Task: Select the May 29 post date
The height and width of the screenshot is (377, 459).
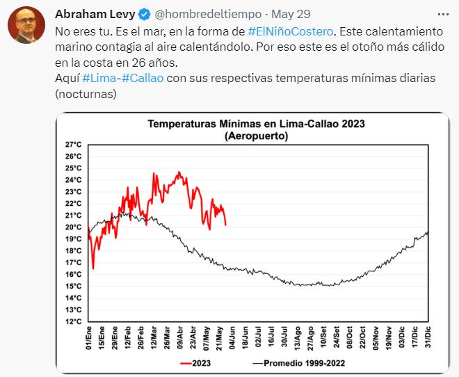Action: point(291,13)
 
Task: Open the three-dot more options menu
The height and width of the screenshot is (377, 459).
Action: point(443,13)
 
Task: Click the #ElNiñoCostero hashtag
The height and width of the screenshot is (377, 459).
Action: point(291,31)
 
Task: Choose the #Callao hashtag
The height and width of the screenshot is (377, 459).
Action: point(143,78)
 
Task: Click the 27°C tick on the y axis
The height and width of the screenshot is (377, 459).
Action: point(74,145)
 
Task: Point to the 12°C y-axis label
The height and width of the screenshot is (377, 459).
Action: point(74,321)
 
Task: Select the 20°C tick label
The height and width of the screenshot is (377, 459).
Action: point(74,227)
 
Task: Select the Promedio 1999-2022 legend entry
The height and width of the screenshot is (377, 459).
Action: point(299,363)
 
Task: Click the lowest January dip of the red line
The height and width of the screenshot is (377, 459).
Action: point(92,268)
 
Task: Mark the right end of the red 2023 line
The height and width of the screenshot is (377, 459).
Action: point(225,225)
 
